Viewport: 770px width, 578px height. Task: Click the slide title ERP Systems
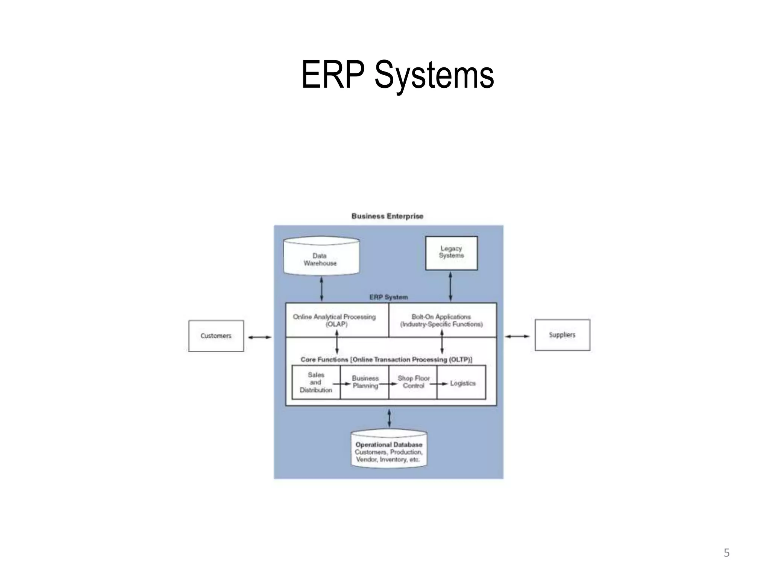[x=397, y=75]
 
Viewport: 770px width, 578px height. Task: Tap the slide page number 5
[x=726, y=553]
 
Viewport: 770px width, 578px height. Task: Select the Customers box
[x=216, y=336]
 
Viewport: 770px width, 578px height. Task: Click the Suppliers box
[x=562, y=335]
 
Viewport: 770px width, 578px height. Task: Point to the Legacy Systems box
[x=451, y=252]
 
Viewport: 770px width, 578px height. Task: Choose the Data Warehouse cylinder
[x=321, y=257]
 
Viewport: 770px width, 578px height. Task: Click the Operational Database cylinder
[x=389, y=450]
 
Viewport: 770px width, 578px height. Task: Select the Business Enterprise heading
[x=387, y=216]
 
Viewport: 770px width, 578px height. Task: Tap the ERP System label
[x=388, y=297]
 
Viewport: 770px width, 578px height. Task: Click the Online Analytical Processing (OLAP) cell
[x=336, y=320]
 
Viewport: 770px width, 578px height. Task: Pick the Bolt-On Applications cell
[x=442, y=320]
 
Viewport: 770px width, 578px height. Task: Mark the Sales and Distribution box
[x=316, y=382]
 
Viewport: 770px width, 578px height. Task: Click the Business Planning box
[x=365, y=382]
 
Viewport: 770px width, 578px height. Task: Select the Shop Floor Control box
[x=413, y=382]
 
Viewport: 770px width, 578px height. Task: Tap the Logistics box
[x=462, y=383]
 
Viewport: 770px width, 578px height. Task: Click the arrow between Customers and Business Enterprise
[x=259, y=337]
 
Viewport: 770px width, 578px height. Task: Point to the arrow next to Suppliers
[x=517, y=336]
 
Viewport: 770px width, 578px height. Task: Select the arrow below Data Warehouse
[x=321, y=289]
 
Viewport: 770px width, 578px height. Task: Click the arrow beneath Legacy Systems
[x=450, y=286]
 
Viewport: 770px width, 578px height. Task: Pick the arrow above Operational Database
[x=389, y=418]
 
